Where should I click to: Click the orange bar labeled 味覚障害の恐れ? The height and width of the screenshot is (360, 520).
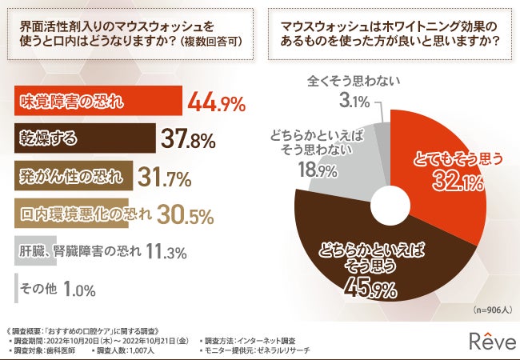coord(97,102)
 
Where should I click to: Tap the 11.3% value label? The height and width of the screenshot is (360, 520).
coord(166,252)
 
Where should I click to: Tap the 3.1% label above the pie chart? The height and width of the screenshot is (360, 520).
coord(355,102)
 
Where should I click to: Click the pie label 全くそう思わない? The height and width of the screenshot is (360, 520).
coord(354,81)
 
